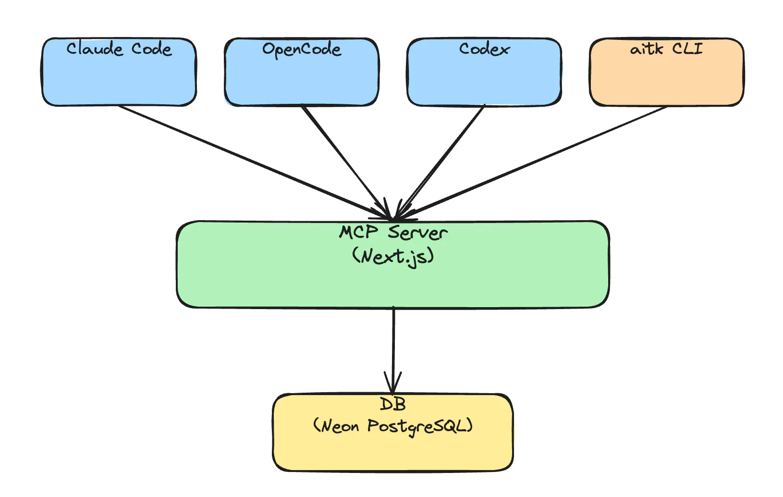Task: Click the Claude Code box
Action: [x=119, y=77]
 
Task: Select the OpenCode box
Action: [x=302, y=77]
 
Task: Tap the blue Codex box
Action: [x=484, y=77]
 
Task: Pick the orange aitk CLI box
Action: [x=667, y=77]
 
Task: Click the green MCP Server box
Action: [x=393, y=284]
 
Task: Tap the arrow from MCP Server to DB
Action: [x=393, y=341]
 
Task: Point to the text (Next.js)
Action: [x=393, y=256]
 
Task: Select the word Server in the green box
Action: [x=418, y=233]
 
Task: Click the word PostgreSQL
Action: [x=420, y=426]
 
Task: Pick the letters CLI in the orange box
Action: [x=687, y=49]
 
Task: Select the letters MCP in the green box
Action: [x=358, y=233]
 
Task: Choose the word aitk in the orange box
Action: [x=647, y=49]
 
